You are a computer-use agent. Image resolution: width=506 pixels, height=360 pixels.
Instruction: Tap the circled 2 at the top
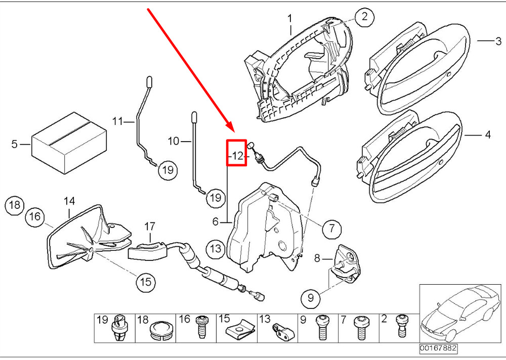tap(364, 18)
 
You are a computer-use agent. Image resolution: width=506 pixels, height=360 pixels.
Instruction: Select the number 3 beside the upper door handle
tap(498, 40)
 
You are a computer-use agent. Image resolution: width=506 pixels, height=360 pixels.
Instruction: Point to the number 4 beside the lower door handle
tap(487, 135)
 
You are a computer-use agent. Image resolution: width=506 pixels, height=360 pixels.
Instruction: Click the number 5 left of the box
tap(14, 145)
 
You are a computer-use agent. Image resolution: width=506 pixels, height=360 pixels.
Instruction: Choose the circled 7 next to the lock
tap(331, 229)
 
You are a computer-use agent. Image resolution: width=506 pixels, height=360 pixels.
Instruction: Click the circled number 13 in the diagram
tap(216, 249)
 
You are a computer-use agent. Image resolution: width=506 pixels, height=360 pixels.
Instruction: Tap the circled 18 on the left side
tap(15, 205)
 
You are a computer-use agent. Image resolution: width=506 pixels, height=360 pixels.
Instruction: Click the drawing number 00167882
tap(437, 349)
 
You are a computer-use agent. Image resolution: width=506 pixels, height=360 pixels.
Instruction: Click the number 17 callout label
tap(150, 227)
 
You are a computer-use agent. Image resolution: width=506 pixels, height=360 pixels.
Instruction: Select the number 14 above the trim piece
tap(69, 201)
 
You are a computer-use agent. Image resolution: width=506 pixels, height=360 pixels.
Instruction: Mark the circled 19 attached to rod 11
tap(167, 170)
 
